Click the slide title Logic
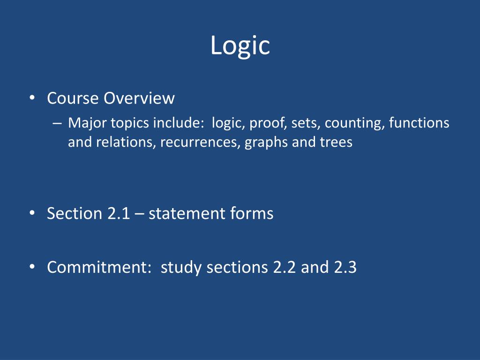point(240,46)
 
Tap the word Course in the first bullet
point(73,98)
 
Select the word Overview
point(139,98)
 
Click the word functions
point(419,123)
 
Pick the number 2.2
point(285,267)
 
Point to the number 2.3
point(345,267)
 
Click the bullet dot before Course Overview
point(32,98)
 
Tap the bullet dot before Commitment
point(32,267)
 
